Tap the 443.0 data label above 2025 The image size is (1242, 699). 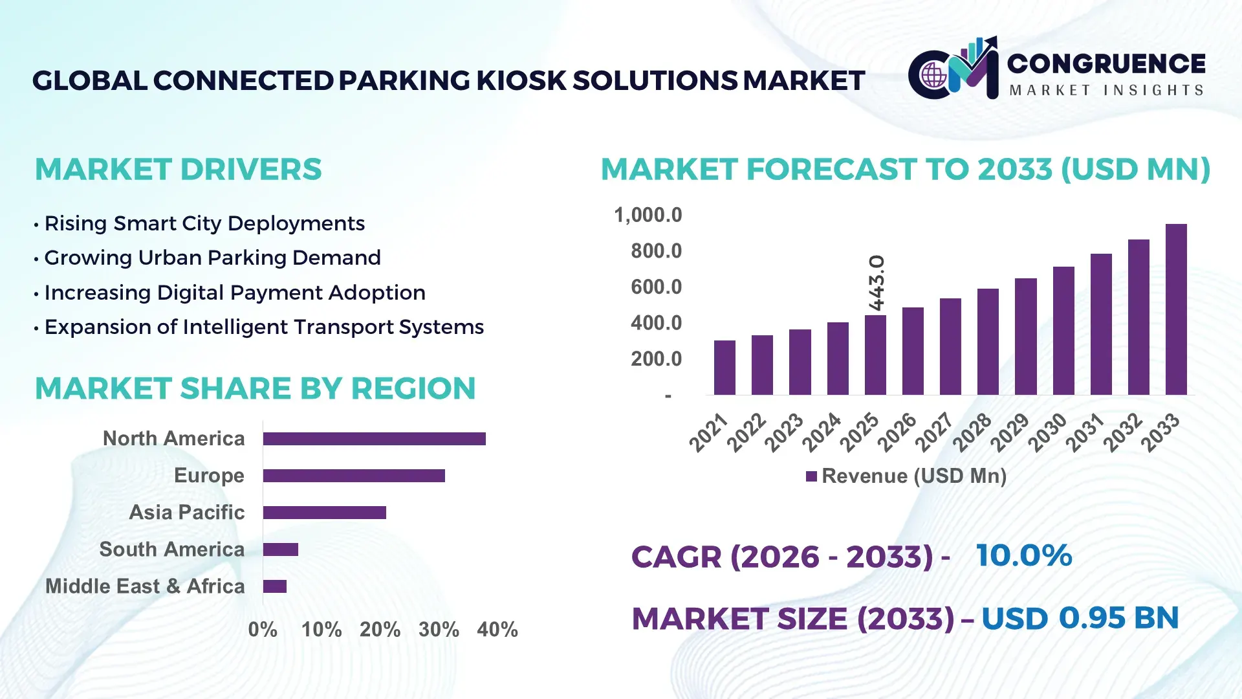point(876,283)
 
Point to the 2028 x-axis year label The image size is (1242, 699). point(972,432)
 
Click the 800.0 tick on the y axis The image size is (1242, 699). point(656,251)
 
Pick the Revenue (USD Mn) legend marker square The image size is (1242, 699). point(811,476)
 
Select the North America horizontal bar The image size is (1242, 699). point(374,439)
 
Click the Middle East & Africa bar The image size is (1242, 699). point(274,586)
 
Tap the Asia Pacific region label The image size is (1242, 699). point(186,513)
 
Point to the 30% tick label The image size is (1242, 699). point(439,629)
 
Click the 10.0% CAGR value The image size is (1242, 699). point(1023,555)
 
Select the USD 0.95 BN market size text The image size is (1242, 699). point(1080,618)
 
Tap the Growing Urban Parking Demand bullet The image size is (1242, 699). point(212,258)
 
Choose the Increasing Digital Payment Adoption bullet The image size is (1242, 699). point(234,293)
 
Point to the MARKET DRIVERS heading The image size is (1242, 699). point(178,170)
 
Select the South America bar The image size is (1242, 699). point(280,549)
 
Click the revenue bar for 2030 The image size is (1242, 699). point(1063,331)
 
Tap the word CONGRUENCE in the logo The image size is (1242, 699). point(1106,63)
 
